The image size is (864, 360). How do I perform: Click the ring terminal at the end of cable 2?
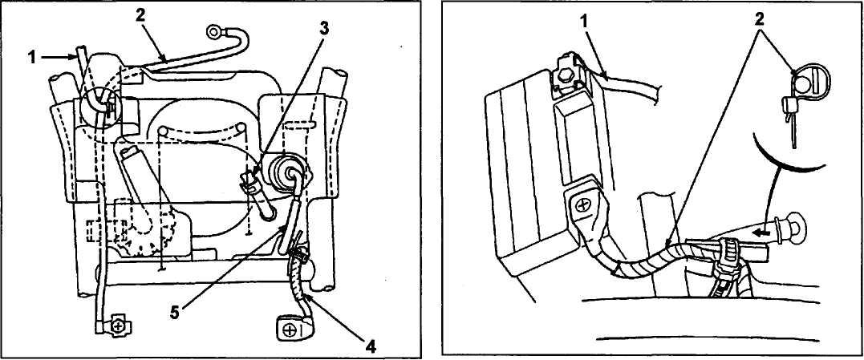tap(214, 32)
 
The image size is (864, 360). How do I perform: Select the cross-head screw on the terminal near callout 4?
tap(288, 331)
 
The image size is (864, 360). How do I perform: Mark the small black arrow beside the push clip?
tap(763, 233)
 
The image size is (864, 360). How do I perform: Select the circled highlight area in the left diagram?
tap(100, 106)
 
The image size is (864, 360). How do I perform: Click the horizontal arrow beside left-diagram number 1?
tap(59, 55)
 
